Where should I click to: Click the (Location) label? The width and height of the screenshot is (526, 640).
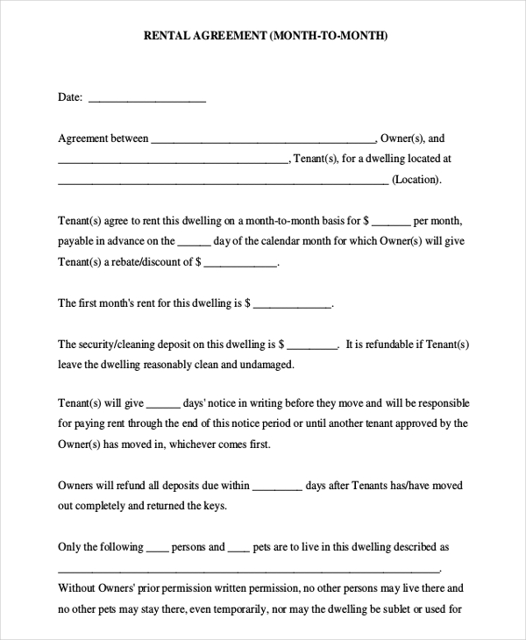pyautogui.click(x=416, y=180)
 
